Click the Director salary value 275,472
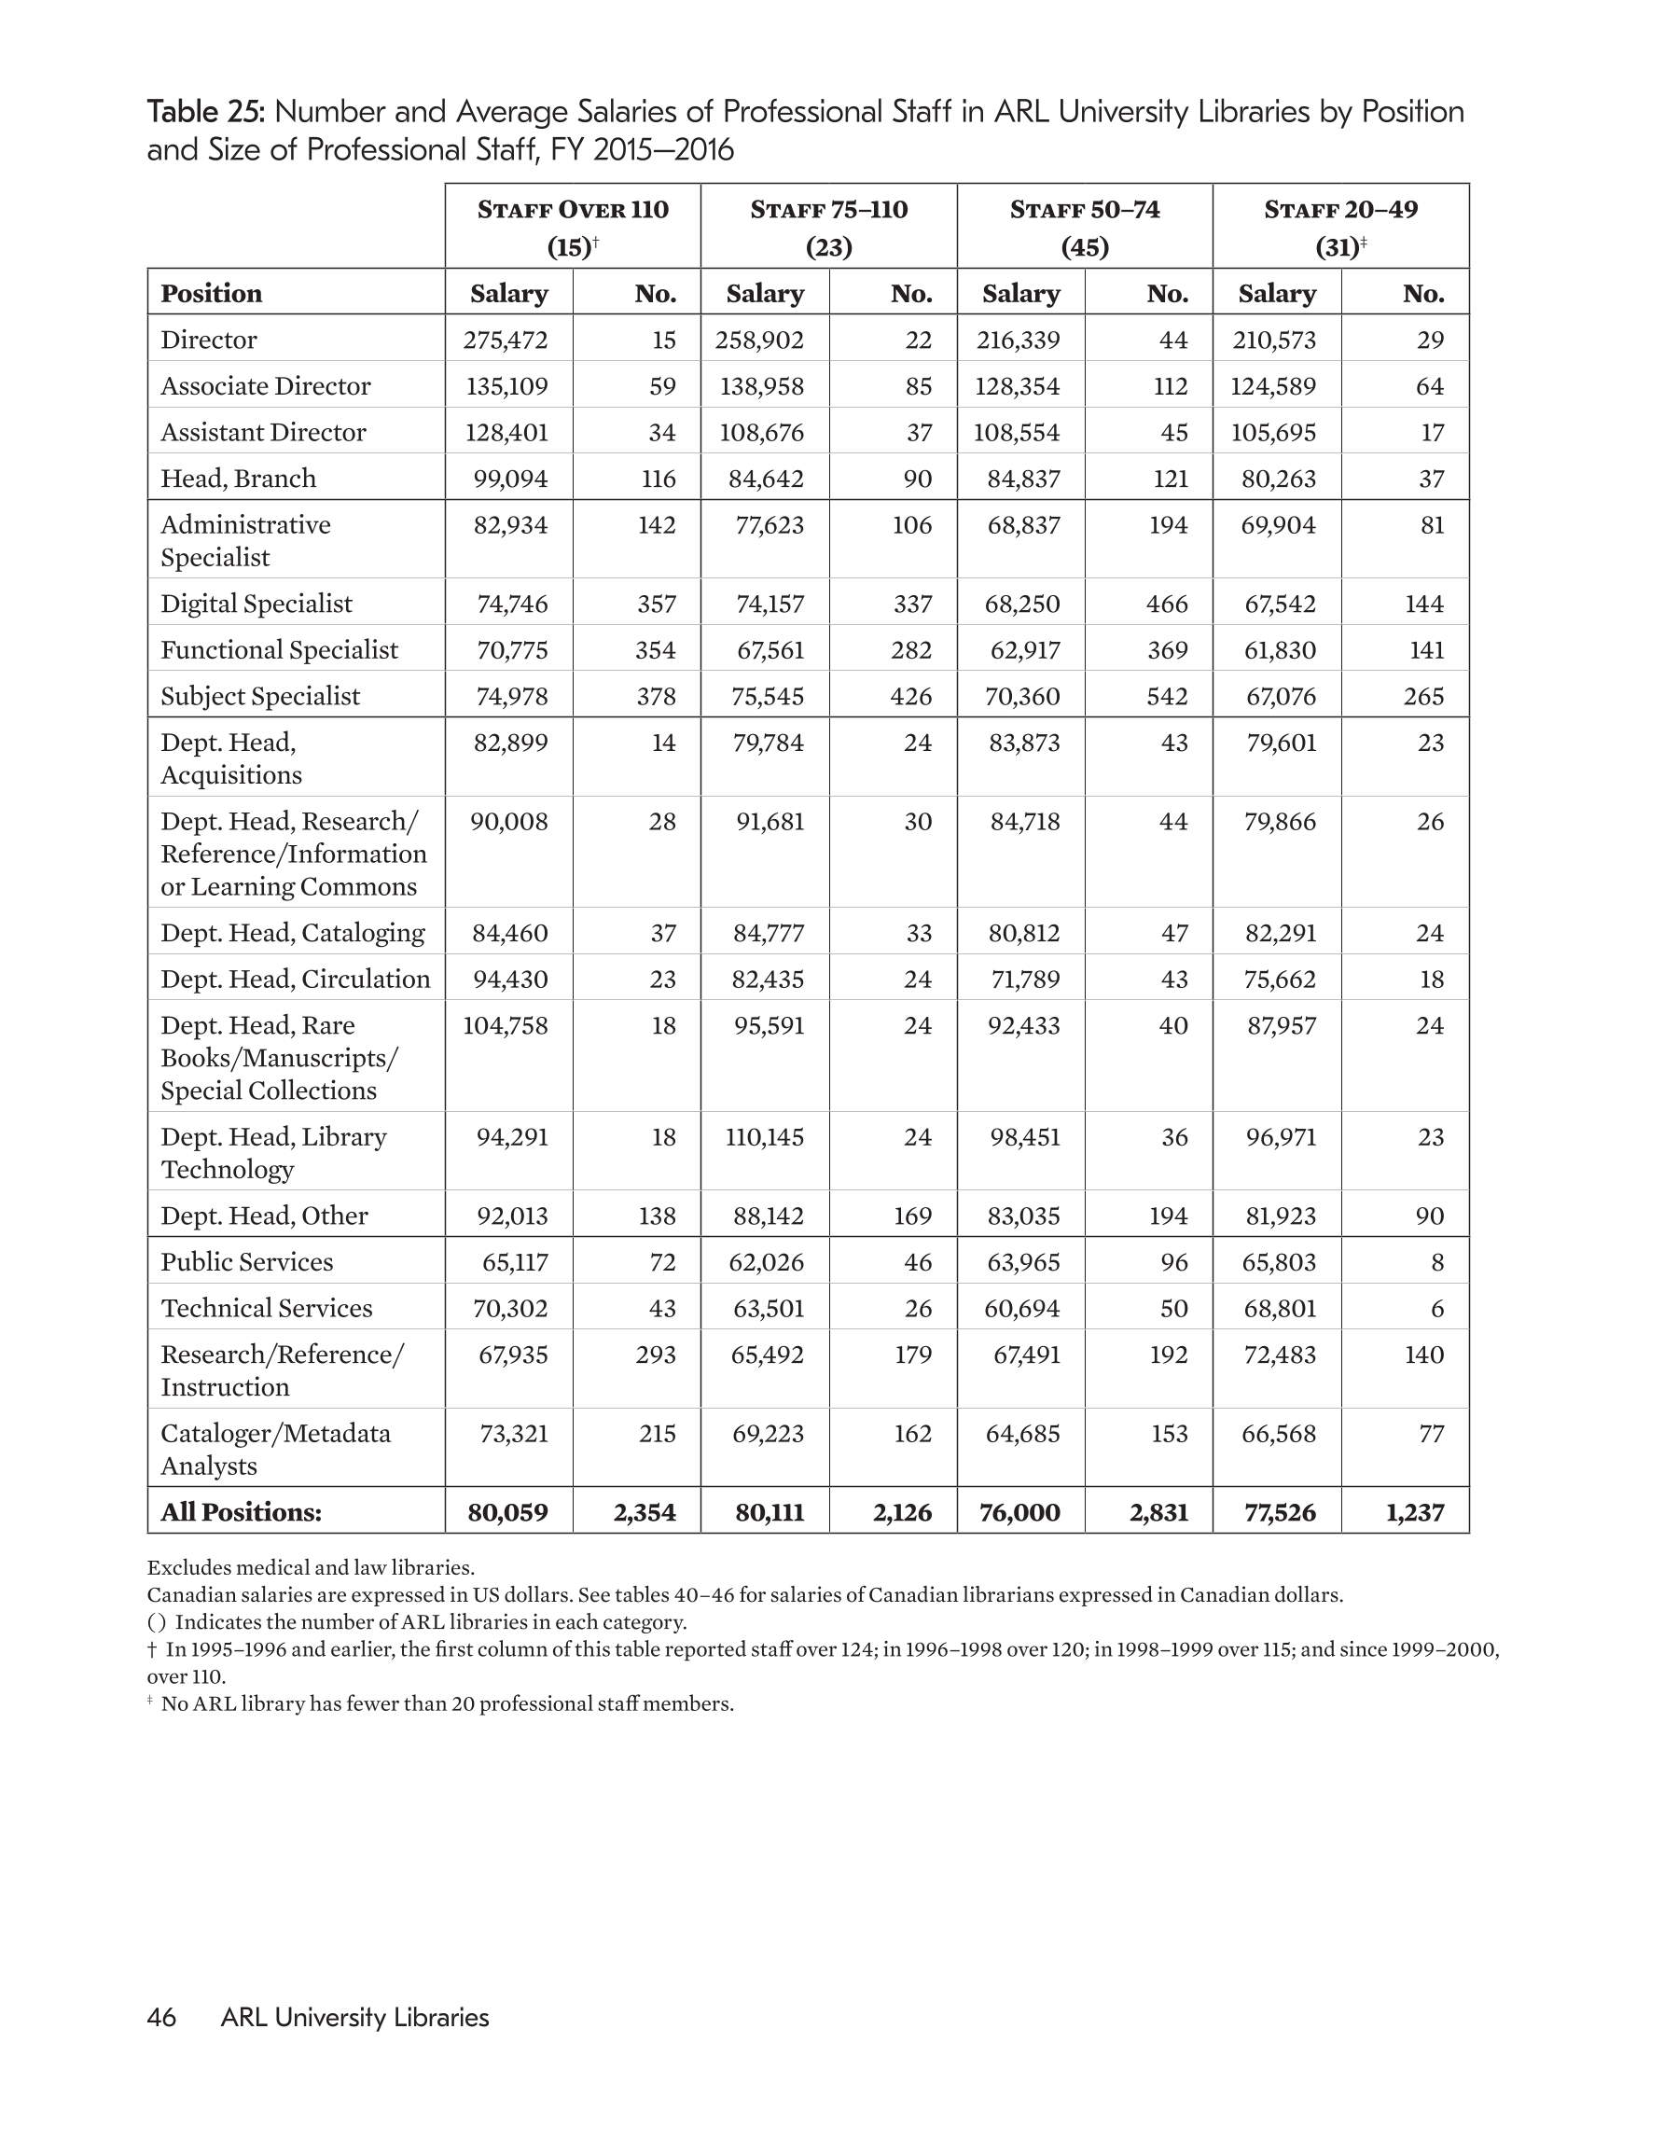[x=505, y=340]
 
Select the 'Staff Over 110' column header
[x=572, y=209]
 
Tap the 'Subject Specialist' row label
[x=260, y=696]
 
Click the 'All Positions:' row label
[x=242, y=1512]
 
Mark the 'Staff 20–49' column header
[x=1340, y=209]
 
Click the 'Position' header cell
[x=211, y=293]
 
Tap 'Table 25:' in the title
[x=205, y=111]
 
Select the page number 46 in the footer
[x=160, y=2017]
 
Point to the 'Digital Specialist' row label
[x=257, y=604]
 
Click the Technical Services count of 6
[x=1436, y=1309]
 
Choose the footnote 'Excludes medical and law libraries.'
[x=311, y=1567]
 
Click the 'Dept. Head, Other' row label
[x=264, y=1216]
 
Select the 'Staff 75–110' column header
[x=828, y=209]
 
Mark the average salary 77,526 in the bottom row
[x=1280, y=1512]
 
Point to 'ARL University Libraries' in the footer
[x=355, y=2017]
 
